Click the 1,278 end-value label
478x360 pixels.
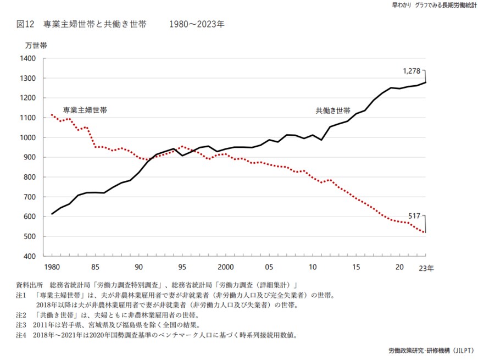[x=412, y=71]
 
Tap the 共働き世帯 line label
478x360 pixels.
[x=333, y=110]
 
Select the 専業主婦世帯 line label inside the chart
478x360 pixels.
[x=85, y=110]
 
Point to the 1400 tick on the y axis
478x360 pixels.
[x=27, y=58]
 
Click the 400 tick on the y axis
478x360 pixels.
[x=30, y=256]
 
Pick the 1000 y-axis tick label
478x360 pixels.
[x=27, y=137]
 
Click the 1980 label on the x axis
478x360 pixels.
[x=52, y=267]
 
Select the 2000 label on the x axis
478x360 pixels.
[x=226, y=267]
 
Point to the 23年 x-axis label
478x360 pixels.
[x=426, y=268]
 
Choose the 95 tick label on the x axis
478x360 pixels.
[x=183, y=267]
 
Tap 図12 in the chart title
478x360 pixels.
[x=26, y=24]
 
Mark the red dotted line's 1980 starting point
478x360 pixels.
[x=52, y=115]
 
